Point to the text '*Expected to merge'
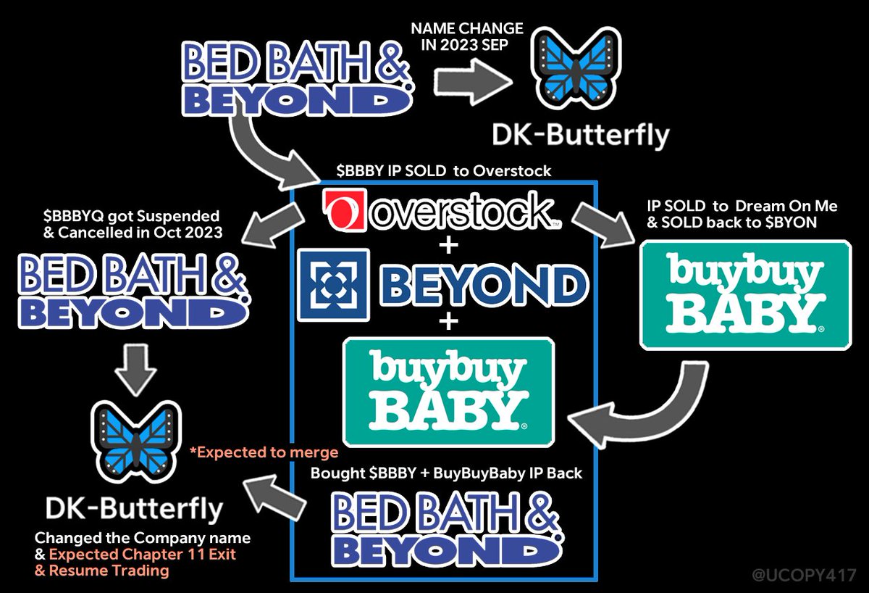coord(264,453)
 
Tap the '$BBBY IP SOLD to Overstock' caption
coord(444,171)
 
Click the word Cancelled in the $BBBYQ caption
coord(84,231)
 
